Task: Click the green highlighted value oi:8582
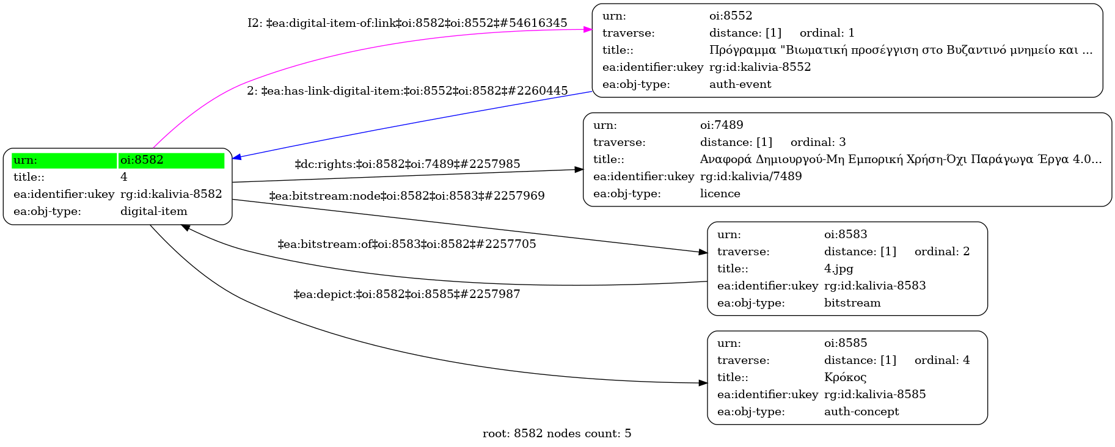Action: pos(142,160)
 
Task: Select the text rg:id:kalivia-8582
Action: pos(171,194)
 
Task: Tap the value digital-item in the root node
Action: pos(154,211)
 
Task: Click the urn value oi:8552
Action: pos(731,16)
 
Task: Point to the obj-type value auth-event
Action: pos(740,84)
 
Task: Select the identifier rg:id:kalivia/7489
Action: pos(751,176)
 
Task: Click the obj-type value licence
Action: pos(720,194)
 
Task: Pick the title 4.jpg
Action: pos(838,269)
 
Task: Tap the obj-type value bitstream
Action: pos(852,303)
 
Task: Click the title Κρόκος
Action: pos(845,377)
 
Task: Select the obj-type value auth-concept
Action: pos(861,412)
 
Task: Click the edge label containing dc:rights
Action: pos(408,164)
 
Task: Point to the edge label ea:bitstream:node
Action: pos(407,196)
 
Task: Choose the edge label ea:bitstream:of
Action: pos(407,244)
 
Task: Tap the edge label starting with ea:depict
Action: pos(407,294)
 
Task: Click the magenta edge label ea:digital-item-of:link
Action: pos(408,23)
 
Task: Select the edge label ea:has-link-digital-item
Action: pos(408,91)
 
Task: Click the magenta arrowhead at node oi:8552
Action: pos(588,29)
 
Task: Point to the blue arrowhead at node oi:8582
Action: pos(237,158)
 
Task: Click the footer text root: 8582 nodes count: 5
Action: pos(557,434)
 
